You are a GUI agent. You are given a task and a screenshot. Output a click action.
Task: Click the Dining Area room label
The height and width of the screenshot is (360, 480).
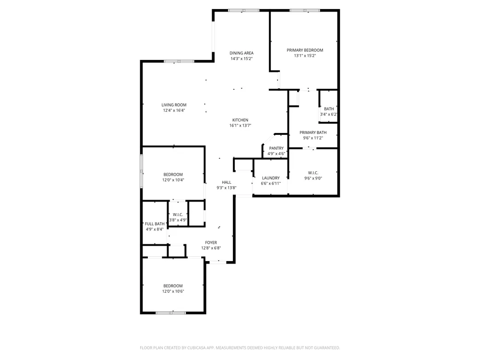pos(241,53)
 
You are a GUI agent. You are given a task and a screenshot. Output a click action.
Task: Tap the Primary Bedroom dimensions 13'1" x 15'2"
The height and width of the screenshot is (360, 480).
pos(305,56)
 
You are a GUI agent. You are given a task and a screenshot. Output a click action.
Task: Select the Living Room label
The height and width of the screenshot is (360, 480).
pos(174,105)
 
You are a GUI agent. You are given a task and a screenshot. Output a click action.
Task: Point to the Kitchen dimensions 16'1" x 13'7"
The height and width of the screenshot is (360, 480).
pos(240,125)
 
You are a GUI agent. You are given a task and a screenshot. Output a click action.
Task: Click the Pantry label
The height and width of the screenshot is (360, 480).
pos(276,148)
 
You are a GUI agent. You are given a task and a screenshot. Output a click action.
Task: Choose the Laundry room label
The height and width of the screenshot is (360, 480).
pos(271,178)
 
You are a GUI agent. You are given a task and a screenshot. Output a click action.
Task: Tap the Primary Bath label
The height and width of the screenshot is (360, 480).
pos(313,132)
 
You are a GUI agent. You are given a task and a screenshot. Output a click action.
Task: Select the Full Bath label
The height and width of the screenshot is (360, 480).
pos(155,224)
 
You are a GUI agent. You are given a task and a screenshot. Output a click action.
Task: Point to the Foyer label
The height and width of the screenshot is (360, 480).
pos(211,242)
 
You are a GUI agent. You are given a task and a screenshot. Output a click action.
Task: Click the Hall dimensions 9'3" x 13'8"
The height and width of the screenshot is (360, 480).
pos(227,188)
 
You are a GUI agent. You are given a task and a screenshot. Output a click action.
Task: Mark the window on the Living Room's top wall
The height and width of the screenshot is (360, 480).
pos(179,61)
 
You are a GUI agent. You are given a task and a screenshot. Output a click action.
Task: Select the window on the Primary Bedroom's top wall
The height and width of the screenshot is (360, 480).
pos(305,11)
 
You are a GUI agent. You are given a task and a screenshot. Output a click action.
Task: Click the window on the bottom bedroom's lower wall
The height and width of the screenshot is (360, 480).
pos(171,313)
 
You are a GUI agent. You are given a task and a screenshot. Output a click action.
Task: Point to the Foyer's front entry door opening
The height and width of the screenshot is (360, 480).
pos(217,262)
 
